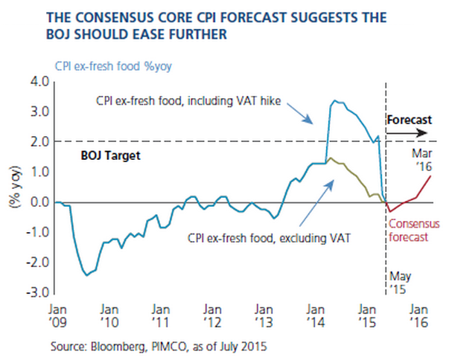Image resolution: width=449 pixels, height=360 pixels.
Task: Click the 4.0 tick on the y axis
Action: point(39,81)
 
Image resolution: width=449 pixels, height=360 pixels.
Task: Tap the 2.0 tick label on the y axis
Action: point(39,141)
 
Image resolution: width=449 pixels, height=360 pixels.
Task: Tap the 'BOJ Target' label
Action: point(110,157)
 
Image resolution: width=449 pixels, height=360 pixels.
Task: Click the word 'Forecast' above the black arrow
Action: point(409,119)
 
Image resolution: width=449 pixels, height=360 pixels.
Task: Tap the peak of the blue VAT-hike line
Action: point(332,100)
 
